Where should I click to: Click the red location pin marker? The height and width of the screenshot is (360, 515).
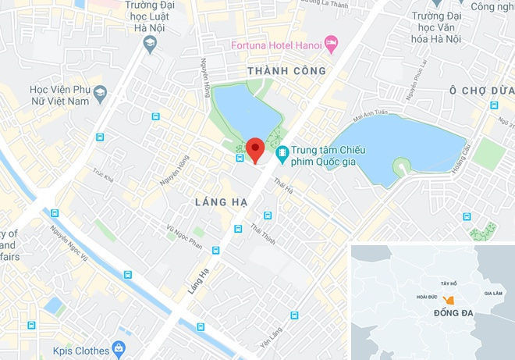click(x=254, y=148)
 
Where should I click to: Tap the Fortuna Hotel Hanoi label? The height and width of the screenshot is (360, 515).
click(x=276, y=44)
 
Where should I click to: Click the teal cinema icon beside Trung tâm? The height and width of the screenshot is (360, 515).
click(x=282, y=151)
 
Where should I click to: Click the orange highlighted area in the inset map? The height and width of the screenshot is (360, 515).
click(x=447, y=301)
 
